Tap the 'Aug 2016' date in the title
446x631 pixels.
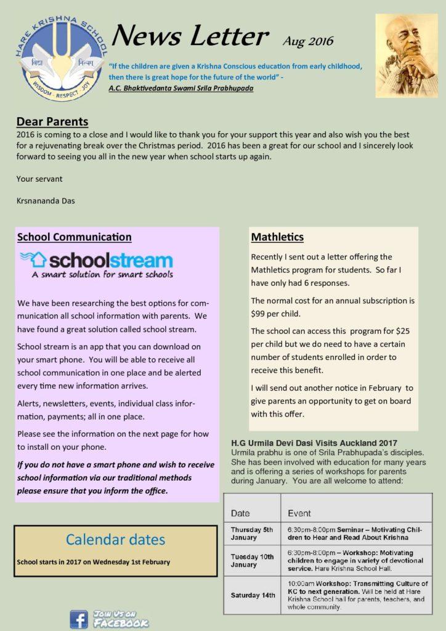308,41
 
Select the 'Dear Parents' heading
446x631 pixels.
52,121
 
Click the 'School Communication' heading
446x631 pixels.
74,237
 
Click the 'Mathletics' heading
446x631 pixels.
277,237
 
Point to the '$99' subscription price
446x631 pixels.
260,314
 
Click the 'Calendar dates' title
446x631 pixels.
115,540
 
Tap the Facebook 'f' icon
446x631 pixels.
79,619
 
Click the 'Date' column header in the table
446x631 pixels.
240,513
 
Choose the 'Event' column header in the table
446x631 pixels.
299,513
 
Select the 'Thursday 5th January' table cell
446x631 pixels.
251,534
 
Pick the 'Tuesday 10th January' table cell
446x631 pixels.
252,560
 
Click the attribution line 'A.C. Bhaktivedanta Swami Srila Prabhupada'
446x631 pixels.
180,88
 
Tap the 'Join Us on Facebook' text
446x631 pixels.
120,619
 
